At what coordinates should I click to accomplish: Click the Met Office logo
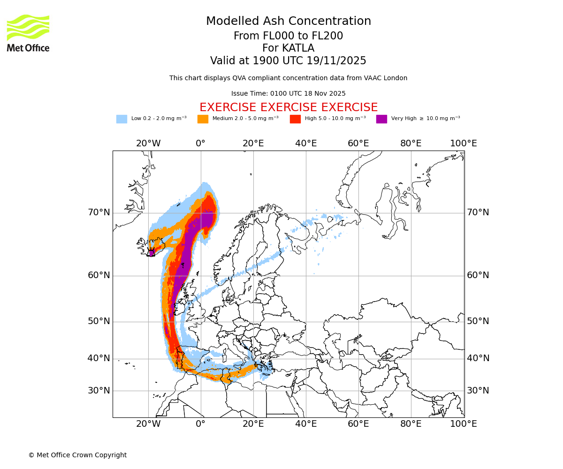click(28, 33)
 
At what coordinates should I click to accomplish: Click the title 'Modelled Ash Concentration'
click(288, 22)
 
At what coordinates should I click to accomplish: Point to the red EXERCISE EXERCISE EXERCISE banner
click(288, 107)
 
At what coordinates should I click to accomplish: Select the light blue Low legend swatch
click(122, 119)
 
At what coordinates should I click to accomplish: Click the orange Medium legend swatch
click(203, 119)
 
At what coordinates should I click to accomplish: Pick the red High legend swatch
click(295, 119)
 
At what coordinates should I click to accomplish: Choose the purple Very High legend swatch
click(381, 119)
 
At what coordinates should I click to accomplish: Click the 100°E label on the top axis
click(464, 144)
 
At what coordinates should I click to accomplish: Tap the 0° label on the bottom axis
click(201, 424)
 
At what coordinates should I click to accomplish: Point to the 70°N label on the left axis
click(99, 212)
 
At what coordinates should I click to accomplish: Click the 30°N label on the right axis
click(478, 390)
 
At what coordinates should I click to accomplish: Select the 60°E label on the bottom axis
click(358, 424)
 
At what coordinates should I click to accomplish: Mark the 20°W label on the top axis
click(148, 144)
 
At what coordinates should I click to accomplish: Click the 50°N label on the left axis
click(99, 321)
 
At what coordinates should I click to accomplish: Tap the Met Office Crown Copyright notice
click(77, 455)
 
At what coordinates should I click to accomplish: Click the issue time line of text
click(288, 93)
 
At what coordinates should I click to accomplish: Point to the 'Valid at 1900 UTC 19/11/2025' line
click(288, 61)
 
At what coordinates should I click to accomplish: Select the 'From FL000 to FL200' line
click(288, 36)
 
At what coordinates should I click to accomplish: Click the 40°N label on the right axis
click(478, 358)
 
